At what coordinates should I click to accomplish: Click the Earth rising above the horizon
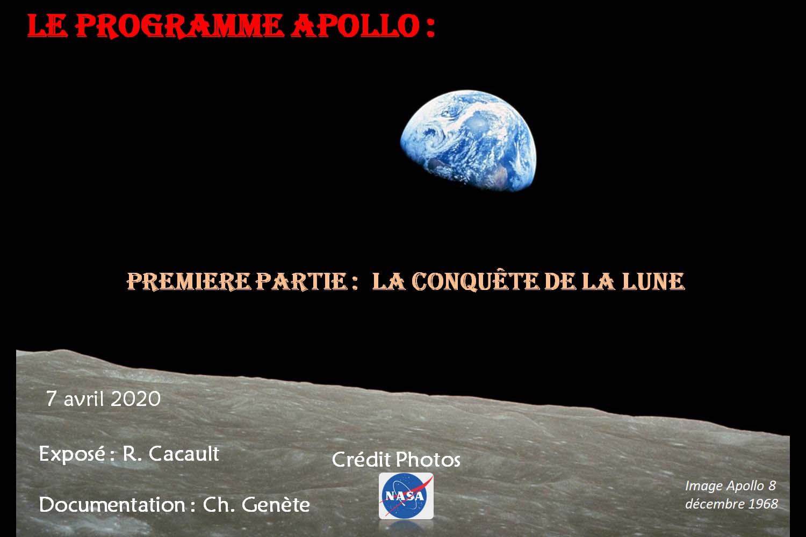pos(469,141)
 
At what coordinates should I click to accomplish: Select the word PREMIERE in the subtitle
pos(189,281)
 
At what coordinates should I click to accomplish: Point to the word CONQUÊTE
pos(476,281)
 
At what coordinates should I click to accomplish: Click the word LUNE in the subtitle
pos(653,281)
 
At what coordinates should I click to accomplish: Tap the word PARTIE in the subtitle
pos(301,281)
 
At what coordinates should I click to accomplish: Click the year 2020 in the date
pos(135,399)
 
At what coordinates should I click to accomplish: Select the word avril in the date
pos(83,399)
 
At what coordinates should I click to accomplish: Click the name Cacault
pos(184,454)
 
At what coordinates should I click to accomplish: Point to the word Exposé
pos(72,454)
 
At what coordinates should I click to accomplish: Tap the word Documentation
pos(112,505)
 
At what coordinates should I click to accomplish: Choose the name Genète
pos(276,505)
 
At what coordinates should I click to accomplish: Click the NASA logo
pos(406,496)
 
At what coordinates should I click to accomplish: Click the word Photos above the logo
pos(428,459)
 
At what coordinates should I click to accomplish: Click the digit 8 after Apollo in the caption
pos(772,485)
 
